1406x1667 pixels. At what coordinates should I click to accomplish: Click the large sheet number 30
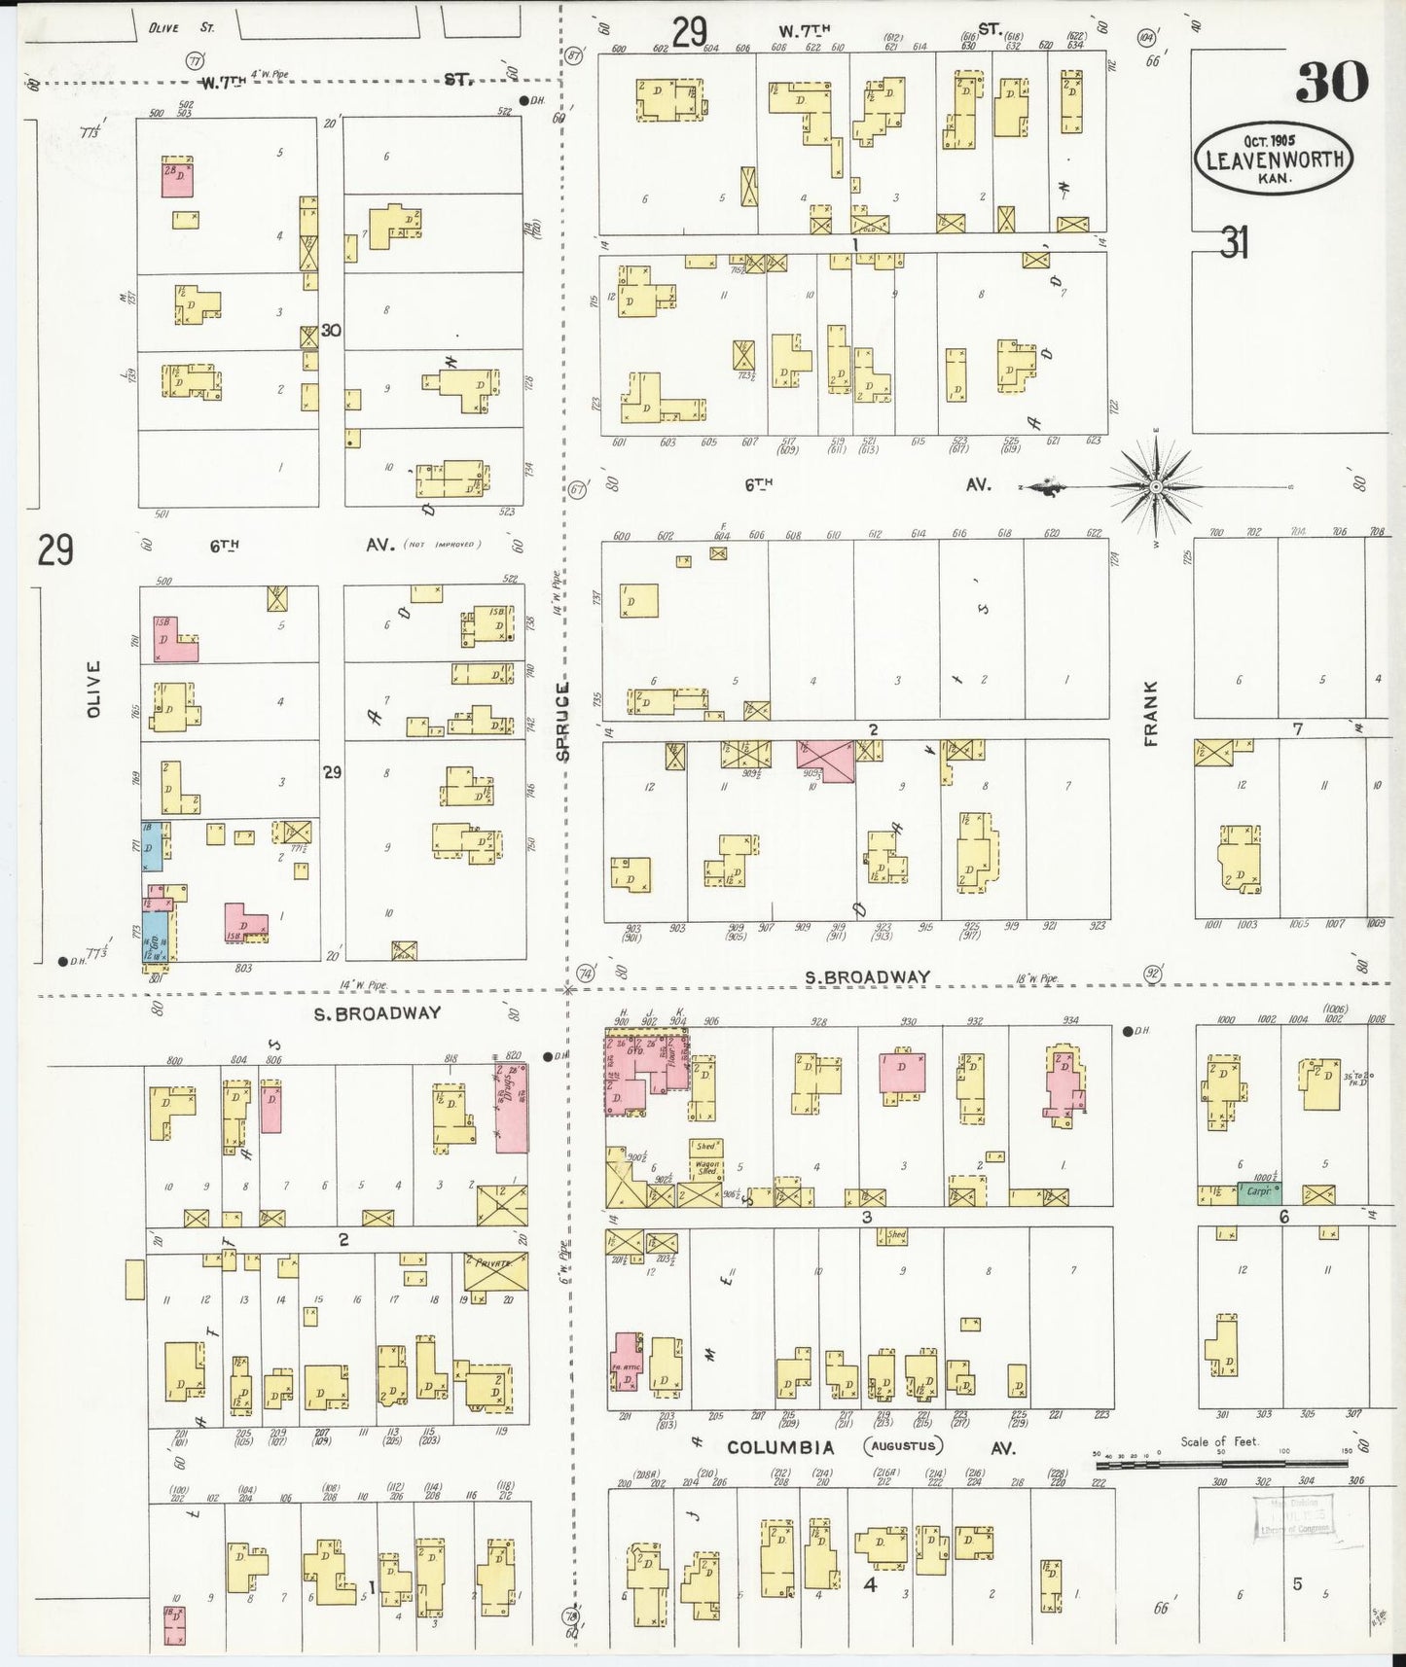tap(1331, 82)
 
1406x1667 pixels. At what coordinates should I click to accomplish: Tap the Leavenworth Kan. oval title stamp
tap(1274, 160)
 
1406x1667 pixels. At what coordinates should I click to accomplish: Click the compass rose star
tap(1155, 485)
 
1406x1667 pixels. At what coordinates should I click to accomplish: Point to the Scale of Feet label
tap(1218, 1441)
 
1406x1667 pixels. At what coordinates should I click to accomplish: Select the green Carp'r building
tap(1258, 1191)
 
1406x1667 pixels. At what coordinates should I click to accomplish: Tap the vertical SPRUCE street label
tap(562, 721)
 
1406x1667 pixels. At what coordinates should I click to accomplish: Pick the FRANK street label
tap(1151, 713)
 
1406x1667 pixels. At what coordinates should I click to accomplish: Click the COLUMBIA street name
tap(780, 1447)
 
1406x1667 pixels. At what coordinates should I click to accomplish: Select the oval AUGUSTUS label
tap(904, 1446)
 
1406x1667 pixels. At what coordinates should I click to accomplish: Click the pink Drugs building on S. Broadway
tap(512, 1107)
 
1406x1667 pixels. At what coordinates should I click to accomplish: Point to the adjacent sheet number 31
tap(1233, 242)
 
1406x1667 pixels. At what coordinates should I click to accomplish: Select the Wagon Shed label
tap(706, 1166)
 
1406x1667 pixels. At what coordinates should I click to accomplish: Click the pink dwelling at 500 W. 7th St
tap(176, 178)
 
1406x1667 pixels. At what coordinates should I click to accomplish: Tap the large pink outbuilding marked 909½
tap(825, 761)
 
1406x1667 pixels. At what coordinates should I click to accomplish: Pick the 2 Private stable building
tap(495, 1271)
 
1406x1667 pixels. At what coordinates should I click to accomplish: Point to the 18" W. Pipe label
tap(1035, 978)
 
